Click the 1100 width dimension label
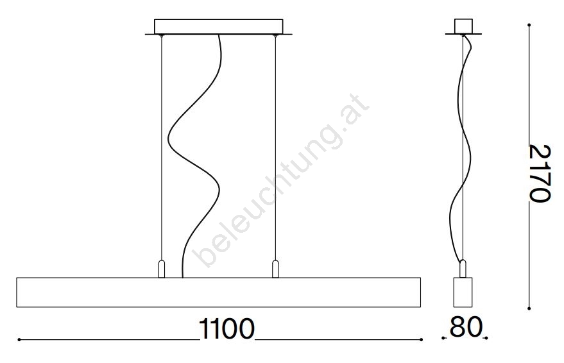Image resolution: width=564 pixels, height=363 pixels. click(x=226, y=328)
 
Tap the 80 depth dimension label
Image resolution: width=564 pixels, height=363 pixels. click(x=466, y=326)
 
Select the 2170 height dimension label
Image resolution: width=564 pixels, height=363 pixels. click(x=540, y=173)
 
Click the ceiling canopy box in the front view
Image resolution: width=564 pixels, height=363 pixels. click(x=219, y=26)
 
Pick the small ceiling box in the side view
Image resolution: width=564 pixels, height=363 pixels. click(x=463, y=26)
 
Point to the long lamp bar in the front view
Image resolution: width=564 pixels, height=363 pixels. click(x=219, y=292)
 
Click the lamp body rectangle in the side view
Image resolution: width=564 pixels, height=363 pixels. click(x=463, y=292)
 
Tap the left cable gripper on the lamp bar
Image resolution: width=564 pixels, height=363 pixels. click(x=162, y=269)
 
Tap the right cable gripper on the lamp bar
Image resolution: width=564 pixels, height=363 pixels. click(x=275, y=269)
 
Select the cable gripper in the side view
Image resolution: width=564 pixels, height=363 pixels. click(x=463, y=269)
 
